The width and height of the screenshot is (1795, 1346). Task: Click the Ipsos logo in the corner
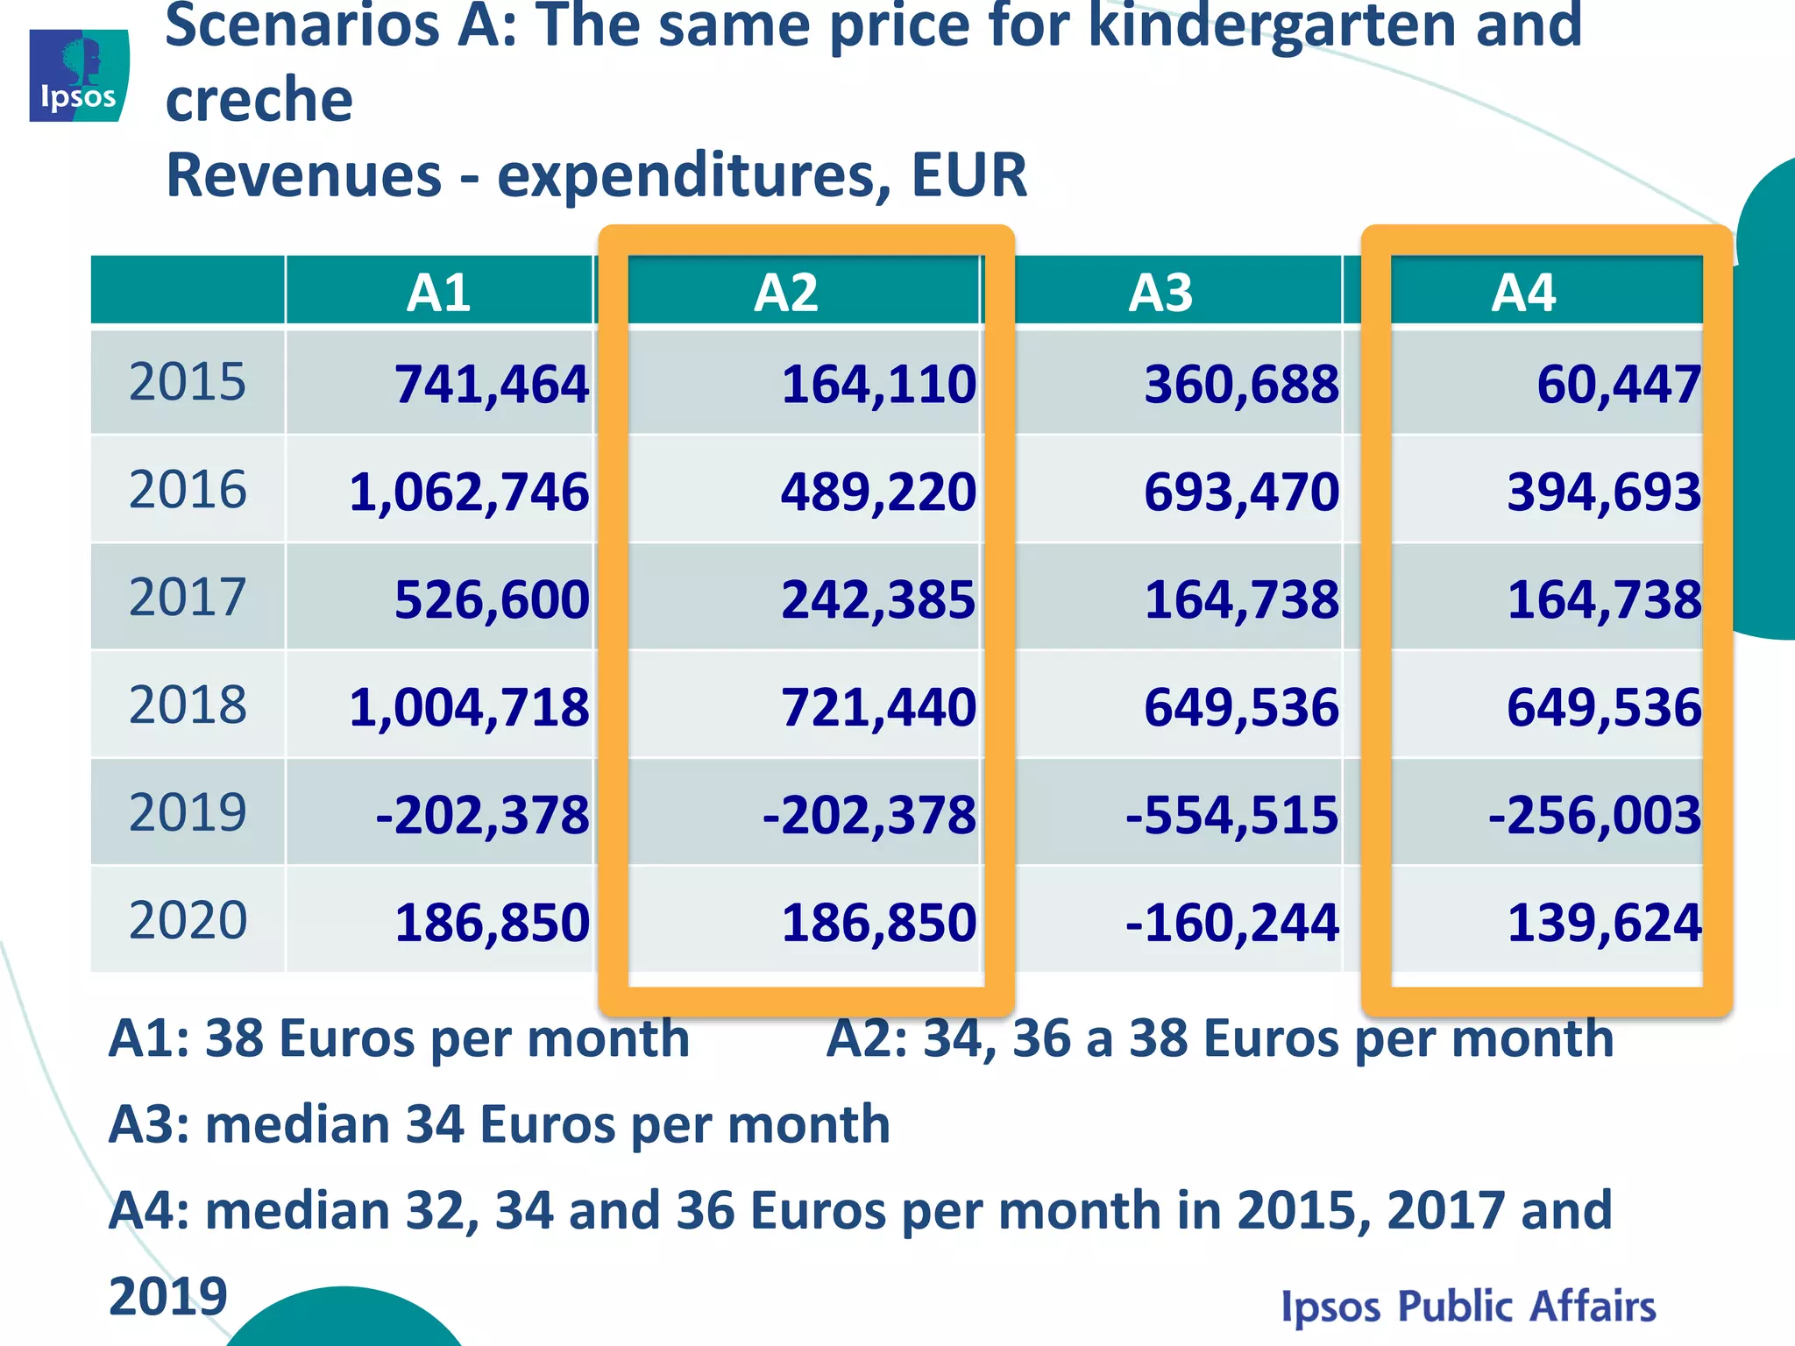(x=79, y=75)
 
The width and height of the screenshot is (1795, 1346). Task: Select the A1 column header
(x=438, y=293)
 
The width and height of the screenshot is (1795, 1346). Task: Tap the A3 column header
(x=1160, y=293)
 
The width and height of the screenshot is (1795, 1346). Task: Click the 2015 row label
(x=188, y=382)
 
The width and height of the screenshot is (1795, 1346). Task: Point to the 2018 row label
(x=188, y=705)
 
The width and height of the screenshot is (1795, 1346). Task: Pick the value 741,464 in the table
(x=491, y=385)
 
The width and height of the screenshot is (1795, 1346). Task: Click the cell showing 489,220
(x=878, y=492)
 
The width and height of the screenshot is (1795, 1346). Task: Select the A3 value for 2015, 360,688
(x=1241, y=385)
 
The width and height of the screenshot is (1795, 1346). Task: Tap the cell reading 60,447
(x=1618, y=385)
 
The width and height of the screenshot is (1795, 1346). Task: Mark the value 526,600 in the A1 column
(x=491, y=600)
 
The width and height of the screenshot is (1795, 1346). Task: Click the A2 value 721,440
(x=878, y=707)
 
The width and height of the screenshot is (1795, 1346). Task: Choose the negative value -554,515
(x=1231, y=815)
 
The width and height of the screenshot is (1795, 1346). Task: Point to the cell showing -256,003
(x=1594, y=815)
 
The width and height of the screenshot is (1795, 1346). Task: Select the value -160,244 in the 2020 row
(x=1231, y=923)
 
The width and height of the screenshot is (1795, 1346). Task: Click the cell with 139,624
(x=1604, y=923)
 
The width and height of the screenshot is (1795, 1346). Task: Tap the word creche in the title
(x=259, y=99)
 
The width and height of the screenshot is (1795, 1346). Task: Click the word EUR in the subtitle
(x=968, y=175)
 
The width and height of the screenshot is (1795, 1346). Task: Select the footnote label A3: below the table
(x=149, y=1124)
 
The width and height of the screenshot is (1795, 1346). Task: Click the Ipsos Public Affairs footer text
(x=1468, y=1306)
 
